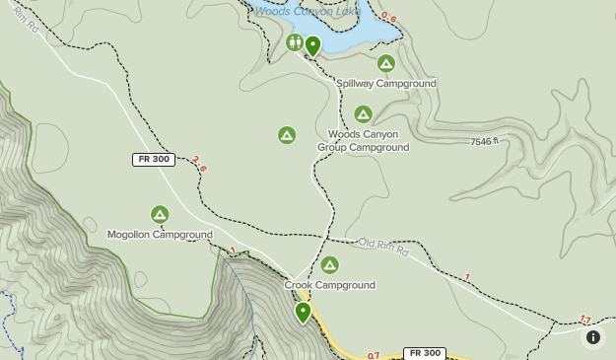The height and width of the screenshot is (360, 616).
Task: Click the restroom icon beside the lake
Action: point(295,42)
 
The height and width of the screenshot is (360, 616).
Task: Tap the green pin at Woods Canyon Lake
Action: point(312,45)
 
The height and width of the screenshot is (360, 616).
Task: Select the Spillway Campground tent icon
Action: point(386,63)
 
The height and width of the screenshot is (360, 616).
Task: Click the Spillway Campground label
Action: point(386,84)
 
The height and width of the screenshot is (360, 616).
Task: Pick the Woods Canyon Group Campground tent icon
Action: point(363,114)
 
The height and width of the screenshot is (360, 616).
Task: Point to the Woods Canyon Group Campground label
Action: point(363,141)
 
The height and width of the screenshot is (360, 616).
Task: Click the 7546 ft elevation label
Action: point(485,142)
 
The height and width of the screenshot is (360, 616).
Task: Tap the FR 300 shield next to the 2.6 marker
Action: point(153,159)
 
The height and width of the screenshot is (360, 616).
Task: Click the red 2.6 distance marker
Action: point(200,164)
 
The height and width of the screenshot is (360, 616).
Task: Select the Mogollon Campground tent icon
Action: point(160,214)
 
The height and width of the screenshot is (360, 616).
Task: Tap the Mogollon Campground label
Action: point(160,235)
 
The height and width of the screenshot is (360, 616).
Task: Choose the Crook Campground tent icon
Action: point(329,264)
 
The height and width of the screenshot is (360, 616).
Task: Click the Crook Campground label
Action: point(329,285)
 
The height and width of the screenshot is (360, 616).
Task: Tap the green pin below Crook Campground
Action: point(303,312)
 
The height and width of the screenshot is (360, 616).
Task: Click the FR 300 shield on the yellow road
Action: point(425,353)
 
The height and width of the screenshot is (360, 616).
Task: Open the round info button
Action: point(593,337)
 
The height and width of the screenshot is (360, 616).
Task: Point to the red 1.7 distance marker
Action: point(584,320)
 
